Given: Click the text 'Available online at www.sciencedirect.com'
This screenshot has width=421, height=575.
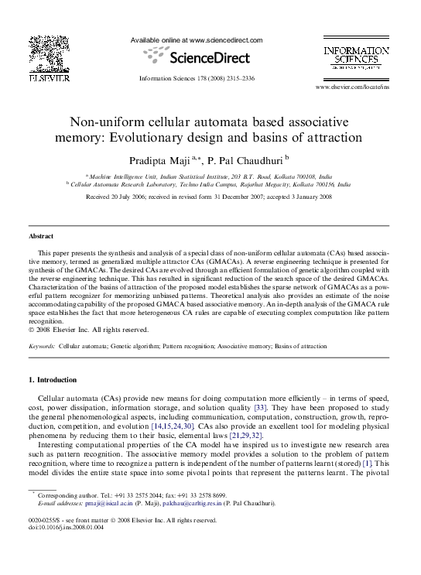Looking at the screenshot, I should pyautogui.click(x=197, y=40).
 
